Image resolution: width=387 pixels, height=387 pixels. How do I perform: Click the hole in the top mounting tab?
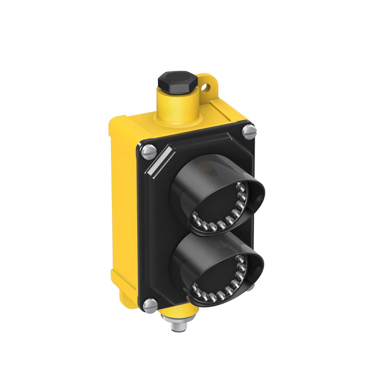[x=207, y=88]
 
